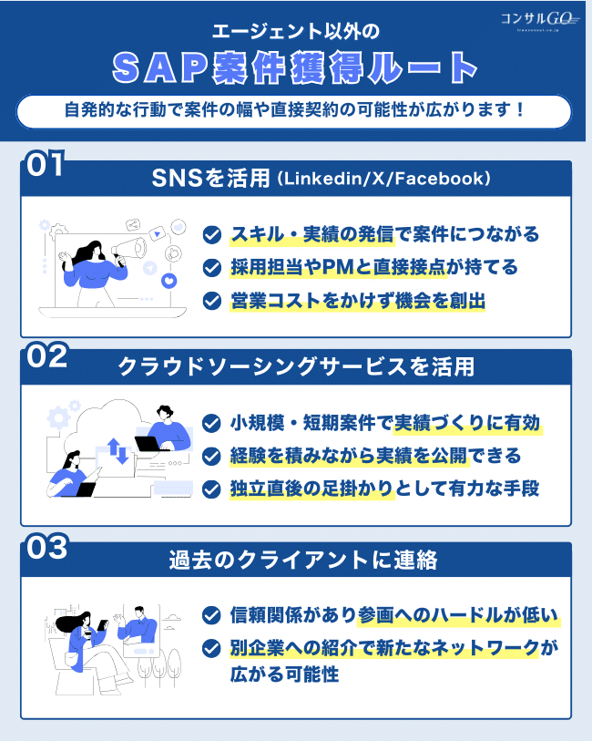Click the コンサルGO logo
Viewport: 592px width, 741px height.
(x=538, y=19)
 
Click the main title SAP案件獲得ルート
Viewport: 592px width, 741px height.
(x=295, y=67)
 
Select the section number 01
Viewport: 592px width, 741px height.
(x=44, y=165)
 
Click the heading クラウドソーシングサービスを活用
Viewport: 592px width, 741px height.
(x=295, y=367)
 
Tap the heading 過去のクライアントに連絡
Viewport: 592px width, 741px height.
(x=295, y=560)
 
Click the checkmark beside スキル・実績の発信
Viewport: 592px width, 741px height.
(x=211, y=234)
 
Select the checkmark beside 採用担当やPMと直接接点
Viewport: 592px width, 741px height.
(x=211, y=267)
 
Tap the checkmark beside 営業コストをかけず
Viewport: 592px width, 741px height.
(x=211, y=300)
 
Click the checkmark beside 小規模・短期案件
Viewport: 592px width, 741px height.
(x=211, y=423)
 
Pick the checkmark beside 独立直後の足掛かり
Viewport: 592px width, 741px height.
(x=211, y=489)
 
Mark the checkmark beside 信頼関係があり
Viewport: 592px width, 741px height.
(x=211, y=615)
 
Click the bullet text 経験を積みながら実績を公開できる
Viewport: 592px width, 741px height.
(x=374, y=456)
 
